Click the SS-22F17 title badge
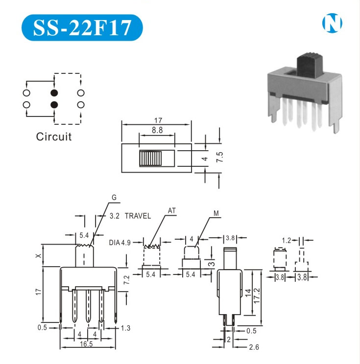[x=82, y=28]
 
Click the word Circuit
[x=54, y=136]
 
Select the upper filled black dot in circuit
[x=54, y=92]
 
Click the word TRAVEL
[x=138, y=216]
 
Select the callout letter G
[x=114, y=198]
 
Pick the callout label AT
[x=172, y=211]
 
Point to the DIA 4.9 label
[x=120, y=242]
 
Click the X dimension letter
[x=39, y=255]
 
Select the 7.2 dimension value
[x=126, y=280]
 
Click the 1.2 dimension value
[x=287, y=240]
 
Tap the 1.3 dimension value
[x=125, y=328]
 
